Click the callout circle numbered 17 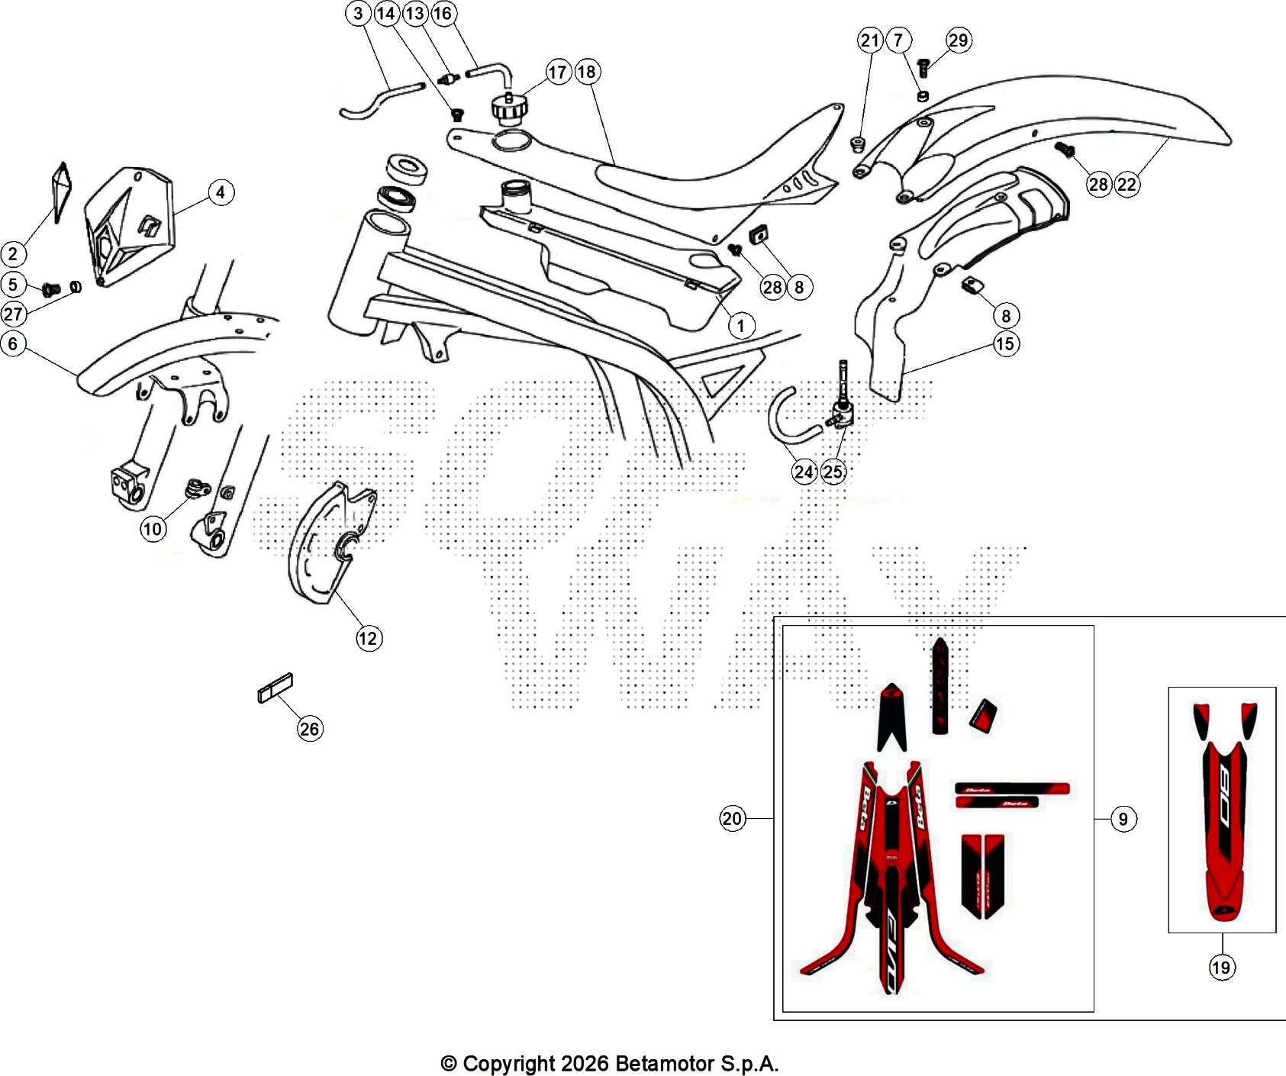[x=558, y=72]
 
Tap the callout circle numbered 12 [x=368, y=638]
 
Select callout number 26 [x=309, y=729]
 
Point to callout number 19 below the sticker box [x=1221, y=968]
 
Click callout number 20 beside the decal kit [x=732, y=819]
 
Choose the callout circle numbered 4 [x=221, y=192]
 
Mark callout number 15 [x=1005, y=344]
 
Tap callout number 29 [x=959, y=40]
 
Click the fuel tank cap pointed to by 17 [x=509, y=109]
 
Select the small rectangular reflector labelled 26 [x=276, y=687]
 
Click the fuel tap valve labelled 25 [x=841, y=414]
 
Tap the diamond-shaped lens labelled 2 [x=61, y=191]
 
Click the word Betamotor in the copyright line [x=660, y=1063]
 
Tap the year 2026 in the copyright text [x=585, y=1063]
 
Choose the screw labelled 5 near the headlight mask [x=52, y=289]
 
